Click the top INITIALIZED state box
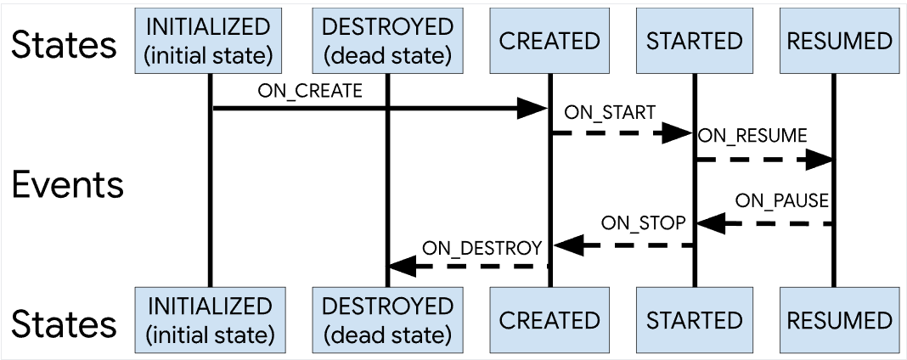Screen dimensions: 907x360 coord(209,41)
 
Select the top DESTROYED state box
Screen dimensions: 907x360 coord(387,41)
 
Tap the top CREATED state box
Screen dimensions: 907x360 coord(549,41)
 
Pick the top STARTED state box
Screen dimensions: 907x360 coord(694,41)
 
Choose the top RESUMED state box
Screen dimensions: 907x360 coord(839,41)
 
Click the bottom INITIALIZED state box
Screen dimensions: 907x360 coord(209,319)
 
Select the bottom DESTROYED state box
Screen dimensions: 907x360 coord(387,319)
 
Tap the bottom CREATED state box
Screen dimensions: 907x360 coord(549,319)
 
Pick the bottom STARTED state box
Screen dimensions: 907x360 coord(694,319)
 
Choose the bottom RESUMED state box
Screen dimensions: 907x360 coord(839,319)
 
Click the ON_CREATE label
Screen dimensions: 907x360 coord(310,92)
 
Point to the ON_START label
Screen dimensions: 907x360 coord(610,112)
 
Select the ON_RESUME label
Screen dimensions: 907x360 coord(752,136)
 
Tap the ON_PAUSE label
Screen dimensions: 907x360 coord(782,201)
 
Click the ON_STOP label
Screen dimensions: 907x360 coord(643,222)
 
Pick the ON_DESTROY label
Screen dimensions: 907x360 coord(482,248)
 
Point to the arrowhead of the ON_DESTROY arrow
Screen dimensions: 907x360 coord(403,267)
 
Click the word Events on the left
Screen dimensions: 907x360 coord(68,185)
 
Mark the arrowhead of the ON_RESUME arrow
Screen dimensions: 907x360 coord(819,159)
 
